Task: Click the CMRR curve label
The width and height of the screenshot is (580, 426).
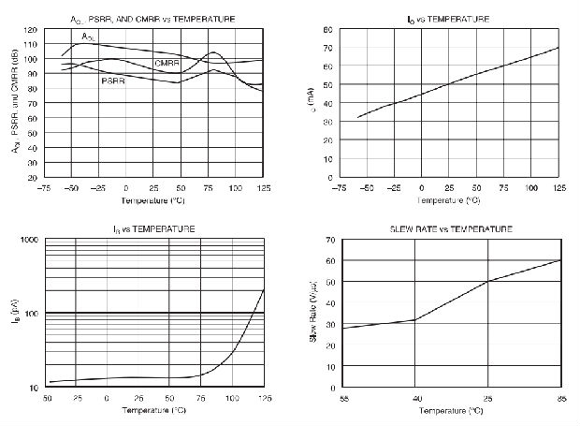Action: click(x=167, y=63)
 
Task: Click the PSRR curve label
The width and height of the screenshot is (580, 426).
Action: click(x=114, y=81)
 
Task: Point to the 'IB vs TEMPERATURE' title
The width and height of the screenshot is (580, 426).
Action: click(x=155, y=228)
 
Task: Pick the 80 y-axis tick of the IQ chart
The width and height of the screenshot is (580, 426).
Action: click(x=328, y=29)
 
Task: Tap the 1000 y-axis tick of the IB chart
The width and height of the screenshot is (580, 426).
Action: click(x=29, y=240)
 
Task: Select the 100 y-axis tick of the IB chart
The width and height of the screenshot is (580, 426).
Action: click(x=31, y=313)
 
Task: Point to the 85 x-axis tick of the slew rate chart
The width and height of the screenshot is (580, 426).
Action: click(x=558, y=398)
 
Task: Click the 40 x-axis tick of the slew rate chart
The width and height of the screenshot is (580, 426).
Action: click(x=413, y=398)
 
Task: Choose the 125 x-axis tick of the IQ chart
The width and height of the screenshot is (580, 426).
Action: click(x=558, y=187)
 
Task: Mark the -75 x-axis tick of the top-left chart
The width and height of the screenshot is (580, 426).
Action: click(x=43, y=187)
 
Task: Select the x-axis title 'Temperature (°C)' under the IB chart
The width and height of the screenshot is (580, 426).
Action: click(x=154, y=409)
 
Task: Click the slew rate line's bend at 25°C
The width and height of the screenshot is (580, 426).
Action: click(x=486, y=282)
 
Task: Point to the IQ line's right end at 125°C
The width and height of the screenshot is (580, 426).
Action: click(x=558, y=48)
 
